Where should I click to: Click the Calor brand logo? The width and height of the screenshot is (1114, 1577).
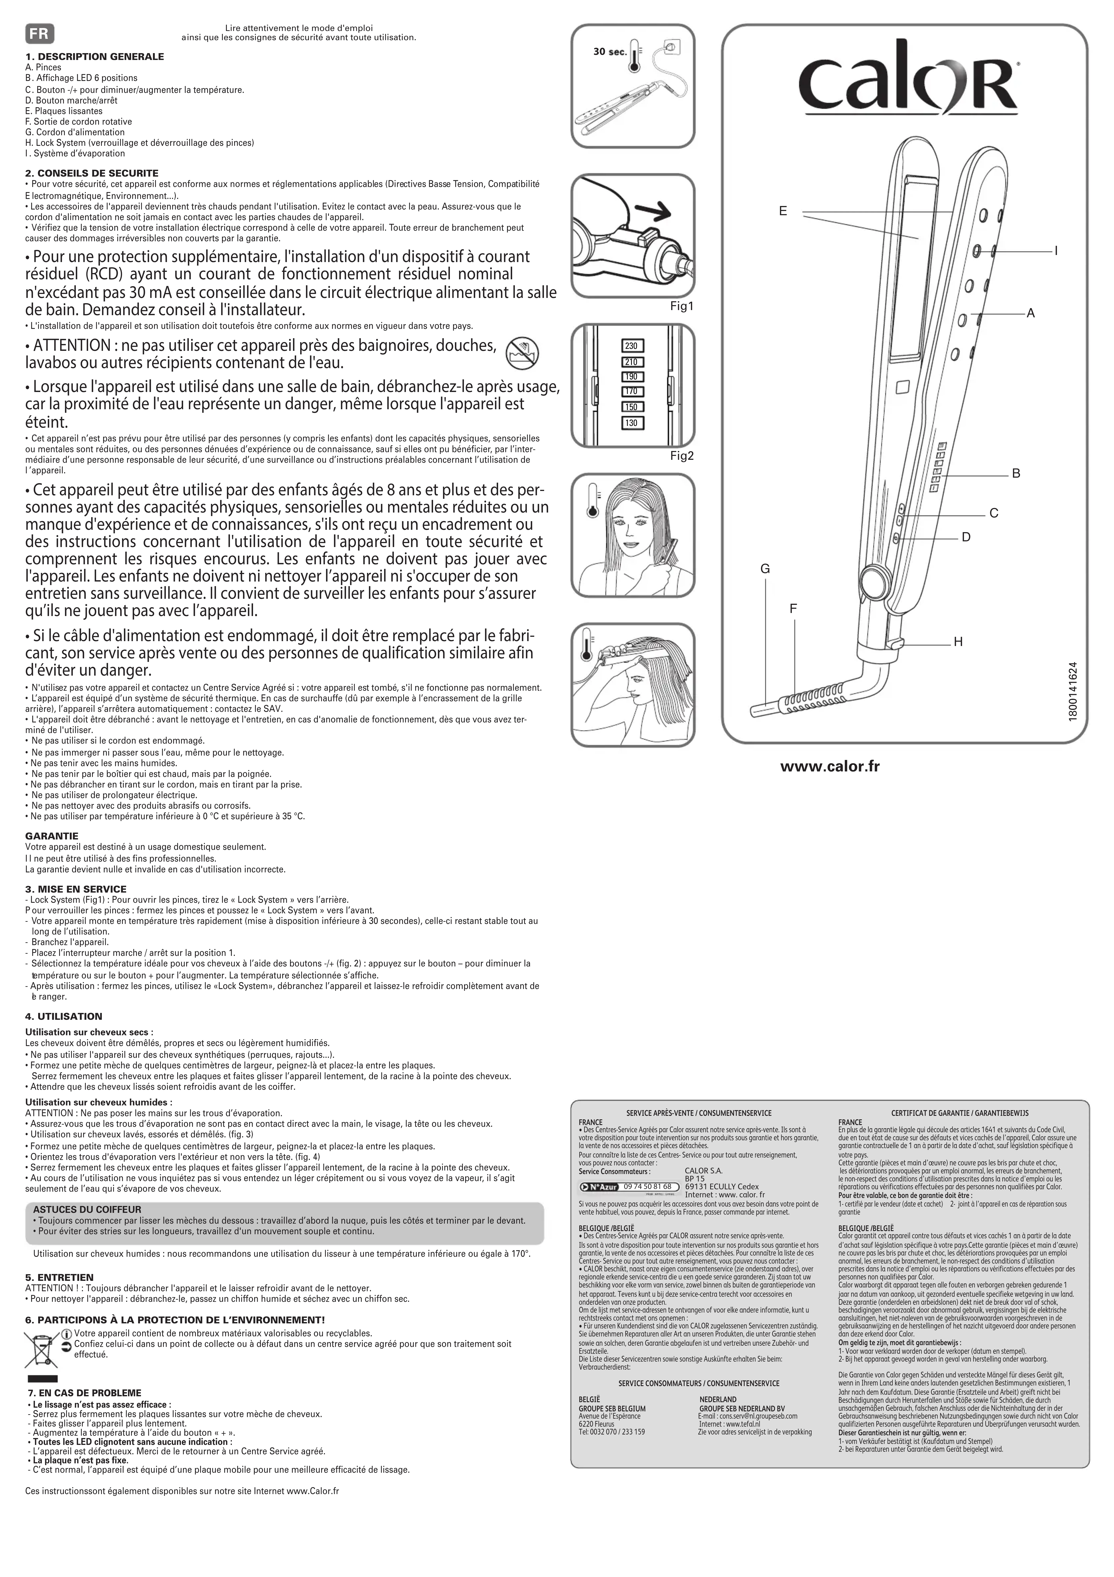908,84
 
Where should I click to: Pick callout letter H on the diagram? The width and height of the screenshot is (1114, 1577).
958,642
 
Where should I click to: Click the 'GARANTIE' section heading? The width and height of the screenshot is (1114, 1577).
52,836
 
